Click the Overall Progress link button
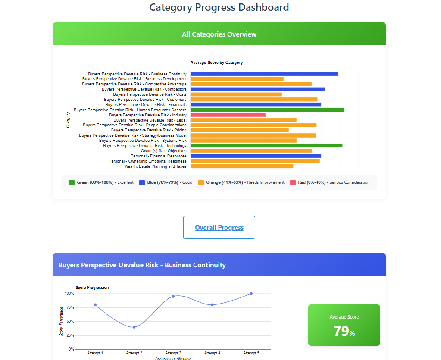219,228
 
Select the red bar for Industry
228,115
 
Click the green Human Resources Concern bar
267,110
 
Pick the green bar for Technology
266,146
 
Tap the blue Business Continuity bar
264,74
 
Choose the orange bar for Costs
236,94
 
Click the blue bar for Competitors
258,89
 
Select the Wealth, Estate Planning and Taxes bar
242,166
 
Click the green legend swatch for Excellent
72,182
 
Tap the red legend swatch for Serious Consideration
293,182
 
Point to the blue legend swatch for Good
142,182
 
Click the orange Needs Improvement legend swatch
201,182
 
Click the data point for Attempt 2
134,327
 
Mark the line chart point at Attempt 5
251,294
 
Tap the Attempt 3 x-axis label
173,353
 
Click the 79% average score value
344,331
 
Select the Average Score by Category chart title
216,63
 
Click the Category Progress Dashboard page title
219,7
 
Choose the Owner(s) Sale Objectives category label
163,151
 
